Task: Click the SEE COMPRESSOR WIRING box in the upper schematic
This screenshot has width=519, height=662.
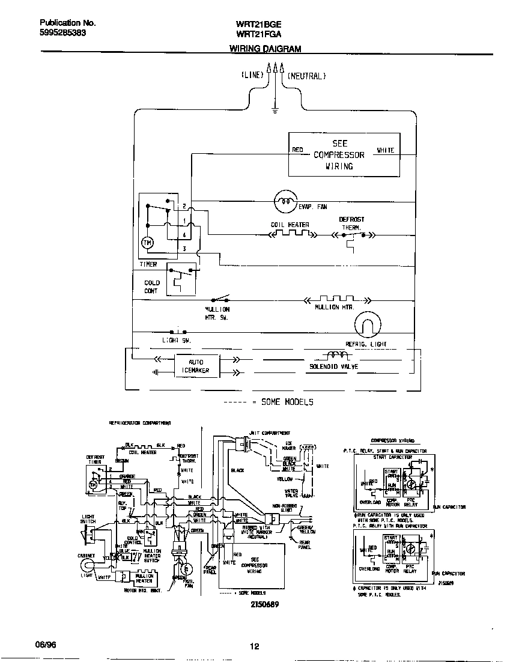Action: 344,155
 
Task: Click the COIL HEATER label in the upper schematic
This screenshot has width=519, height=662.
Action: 290,225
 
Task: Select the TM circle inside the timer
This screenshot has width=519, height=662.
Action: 147,243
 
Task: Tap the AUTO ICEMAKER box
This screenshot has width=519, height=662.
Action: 196,366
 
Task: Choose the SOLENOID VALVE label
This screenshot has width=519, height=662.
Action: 333,366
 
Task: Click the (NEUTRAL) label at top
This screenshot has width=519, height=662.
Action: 306,76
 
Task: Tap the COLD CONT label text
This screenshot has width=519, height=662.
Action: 151,287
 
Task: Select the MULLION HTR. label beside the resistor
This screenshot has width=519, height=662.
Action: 335,307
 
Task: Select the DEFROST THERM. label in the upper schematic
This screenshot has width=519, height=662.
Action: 351,223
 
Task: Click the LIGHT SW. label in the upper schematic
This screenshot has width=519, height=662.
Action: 177,340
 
